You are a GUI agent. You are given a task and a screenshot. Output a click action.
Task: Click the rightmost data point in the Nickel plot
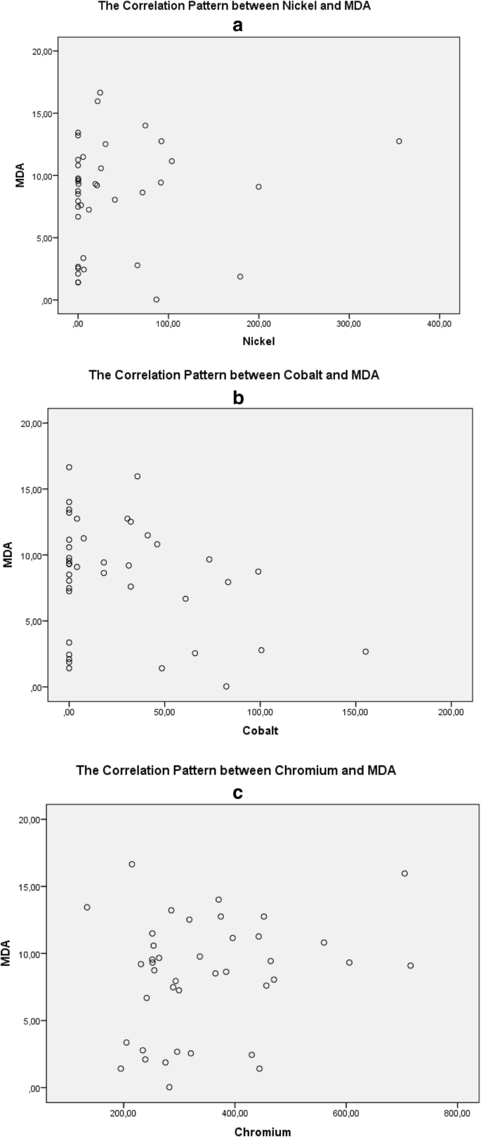(x=399, y=141)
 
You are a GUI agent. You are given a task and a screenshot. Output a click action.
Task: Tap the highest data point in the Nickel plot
(x=100, y=93)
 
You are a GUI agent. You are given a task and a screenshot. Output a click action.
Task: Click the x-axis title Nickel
(x=258, y=342)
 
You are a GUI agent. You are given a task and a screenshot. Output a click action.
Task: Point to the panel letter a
(x=237, y=26)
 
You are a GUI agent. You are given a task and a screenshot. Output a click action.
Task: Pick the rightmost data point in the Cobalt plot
(x=365, y=652)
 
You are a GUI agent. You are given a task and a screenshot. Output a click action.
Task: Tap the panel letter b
(x=237, y=398)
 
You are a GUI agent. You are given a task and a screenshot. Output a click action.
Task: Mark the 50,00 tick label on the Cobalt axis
(x=164, y=713)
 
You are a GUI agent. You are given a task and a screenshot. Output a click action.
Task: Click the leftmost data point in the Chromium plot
(x=87, y=907)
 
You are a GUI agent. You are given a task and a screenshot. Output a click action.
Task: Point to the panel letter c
(x=237, y=793)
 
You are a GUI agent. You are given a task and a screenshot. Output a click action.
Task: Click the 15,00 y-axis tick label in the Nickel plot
(x=39, y=114)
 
